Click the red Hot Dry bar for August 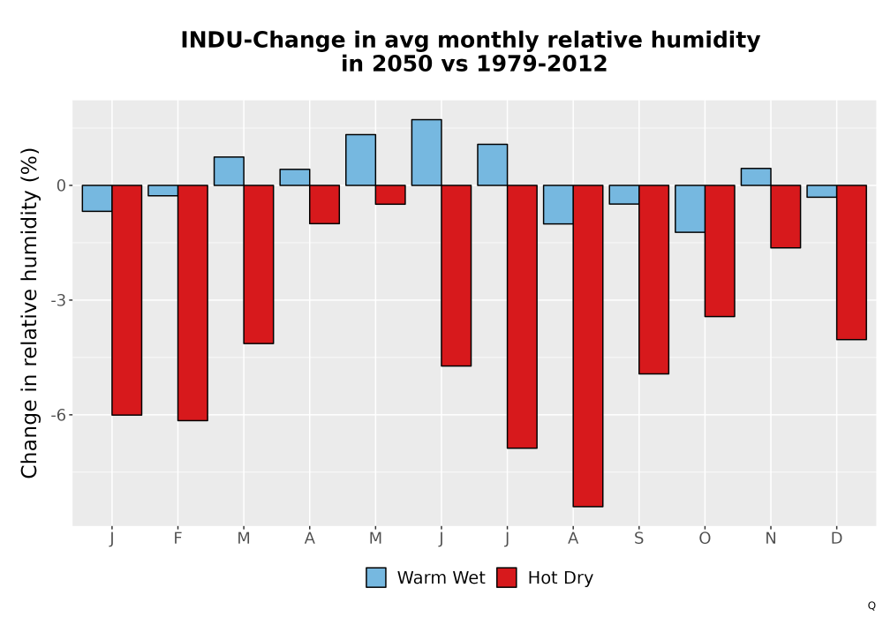click(588, 345)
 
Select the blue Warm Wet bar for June click(426, 153)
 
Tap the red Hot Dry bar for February click(192, 303)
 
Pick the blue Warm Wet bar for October click(690, 209)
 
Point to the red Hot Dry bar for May click(390, 195)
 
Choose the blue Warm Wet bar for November click(756, 177)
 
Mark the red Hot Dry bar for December click(851, 262)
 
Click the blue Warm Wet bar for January click(97, 198)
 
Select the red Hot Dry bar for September click(653, 279)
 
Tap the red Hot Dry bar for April click(324, 204)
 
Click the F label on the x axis click(178, 539)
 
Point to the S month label click(638, 539)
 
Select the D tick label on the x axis click(837, 539)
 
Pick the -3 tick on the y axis click(58, 300)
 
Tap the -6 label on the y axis click(58, 415)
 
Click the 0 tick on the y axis click(62, 185)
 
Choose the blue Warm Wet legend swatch click(376, 577)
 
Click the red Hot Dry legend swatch click(507, 577)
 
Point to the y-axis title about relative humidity click(29, 313)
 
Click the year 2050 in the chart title click(402, 64)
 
